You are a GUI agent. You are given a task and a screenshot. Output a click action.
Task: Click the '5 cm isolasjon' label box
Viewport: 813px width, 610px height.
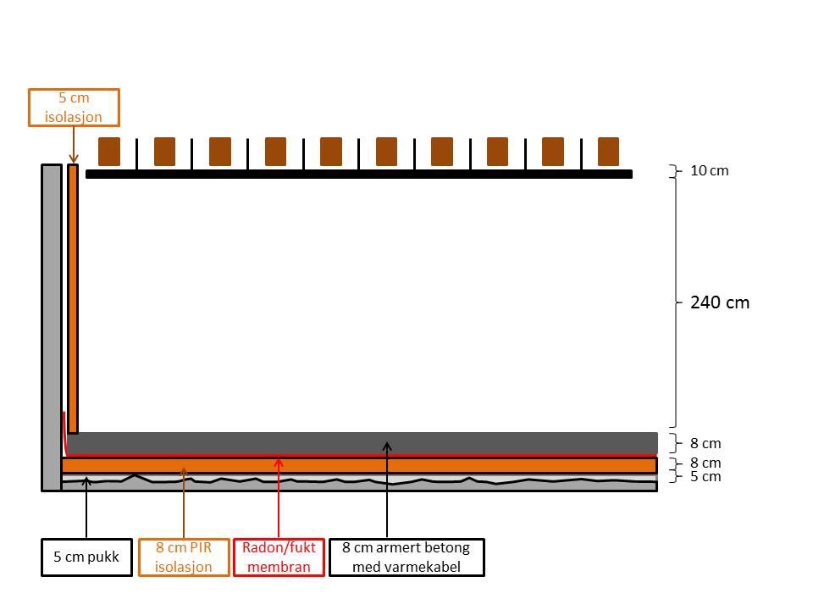point(74,108)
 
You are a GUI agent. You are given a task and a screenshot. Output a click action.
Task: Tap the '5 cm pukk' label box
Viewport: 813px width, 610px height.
point(86,557)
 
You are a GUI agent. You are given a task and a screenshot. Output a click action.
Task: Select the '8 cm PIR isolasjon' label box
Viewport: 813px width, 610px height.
point(184,557)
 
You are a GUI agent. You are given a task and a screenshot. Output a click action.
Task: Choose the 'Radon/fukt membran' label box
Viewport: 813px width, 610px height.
point(279,557)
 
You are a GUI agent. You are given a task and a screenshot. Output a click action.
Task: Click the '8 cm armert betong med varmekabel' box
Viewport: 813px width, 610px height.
point(406,557)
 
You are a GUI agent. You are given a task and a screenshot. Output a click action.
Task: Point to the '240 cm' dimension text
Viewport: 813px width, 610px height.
point(720,302)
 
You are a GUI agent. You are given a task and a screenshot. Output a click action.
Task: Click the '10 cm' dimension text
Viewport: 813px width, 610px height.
point(709,170)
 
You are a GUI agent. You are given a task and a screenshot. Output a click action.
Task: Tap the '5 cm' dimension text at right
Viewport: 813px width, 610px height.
point(705,477)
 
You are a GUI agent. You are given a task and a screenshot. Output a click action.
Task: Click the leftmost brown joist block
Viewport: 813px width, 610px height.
point(109,151)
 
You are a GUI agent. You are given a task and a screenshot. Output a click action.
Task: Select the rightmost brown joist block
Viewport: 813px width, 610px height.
point(608,151)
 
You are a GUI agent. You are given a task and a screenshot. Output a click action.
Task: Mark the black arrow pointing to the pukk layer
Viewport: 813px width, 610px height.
point(86,508)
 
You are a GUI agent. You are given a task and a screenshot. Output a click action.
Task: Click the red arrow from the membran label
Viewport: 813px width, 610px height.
point(279,500)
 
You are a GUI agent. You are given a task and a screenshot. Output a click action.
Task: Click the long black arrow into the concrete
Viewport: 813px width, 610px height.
point(387,491)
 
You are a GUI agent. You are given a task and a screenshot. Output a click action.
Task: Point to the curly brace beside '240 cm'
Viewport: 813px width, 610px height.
point(675,302)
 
